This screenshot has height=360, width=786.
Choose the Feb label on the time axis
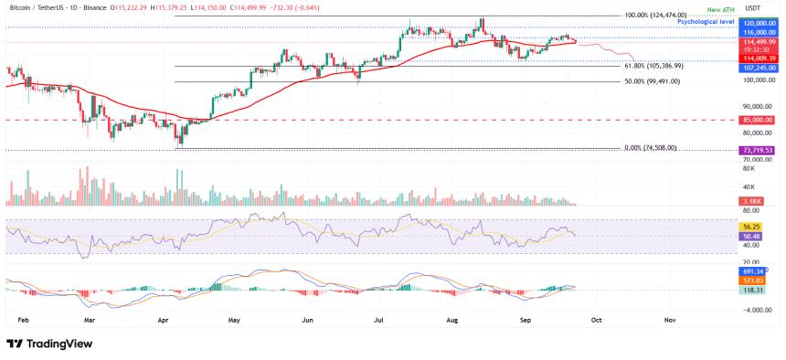click(x=24, y=322)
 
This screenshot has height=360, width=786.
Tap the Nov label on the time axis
click(x=669, y=322)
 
